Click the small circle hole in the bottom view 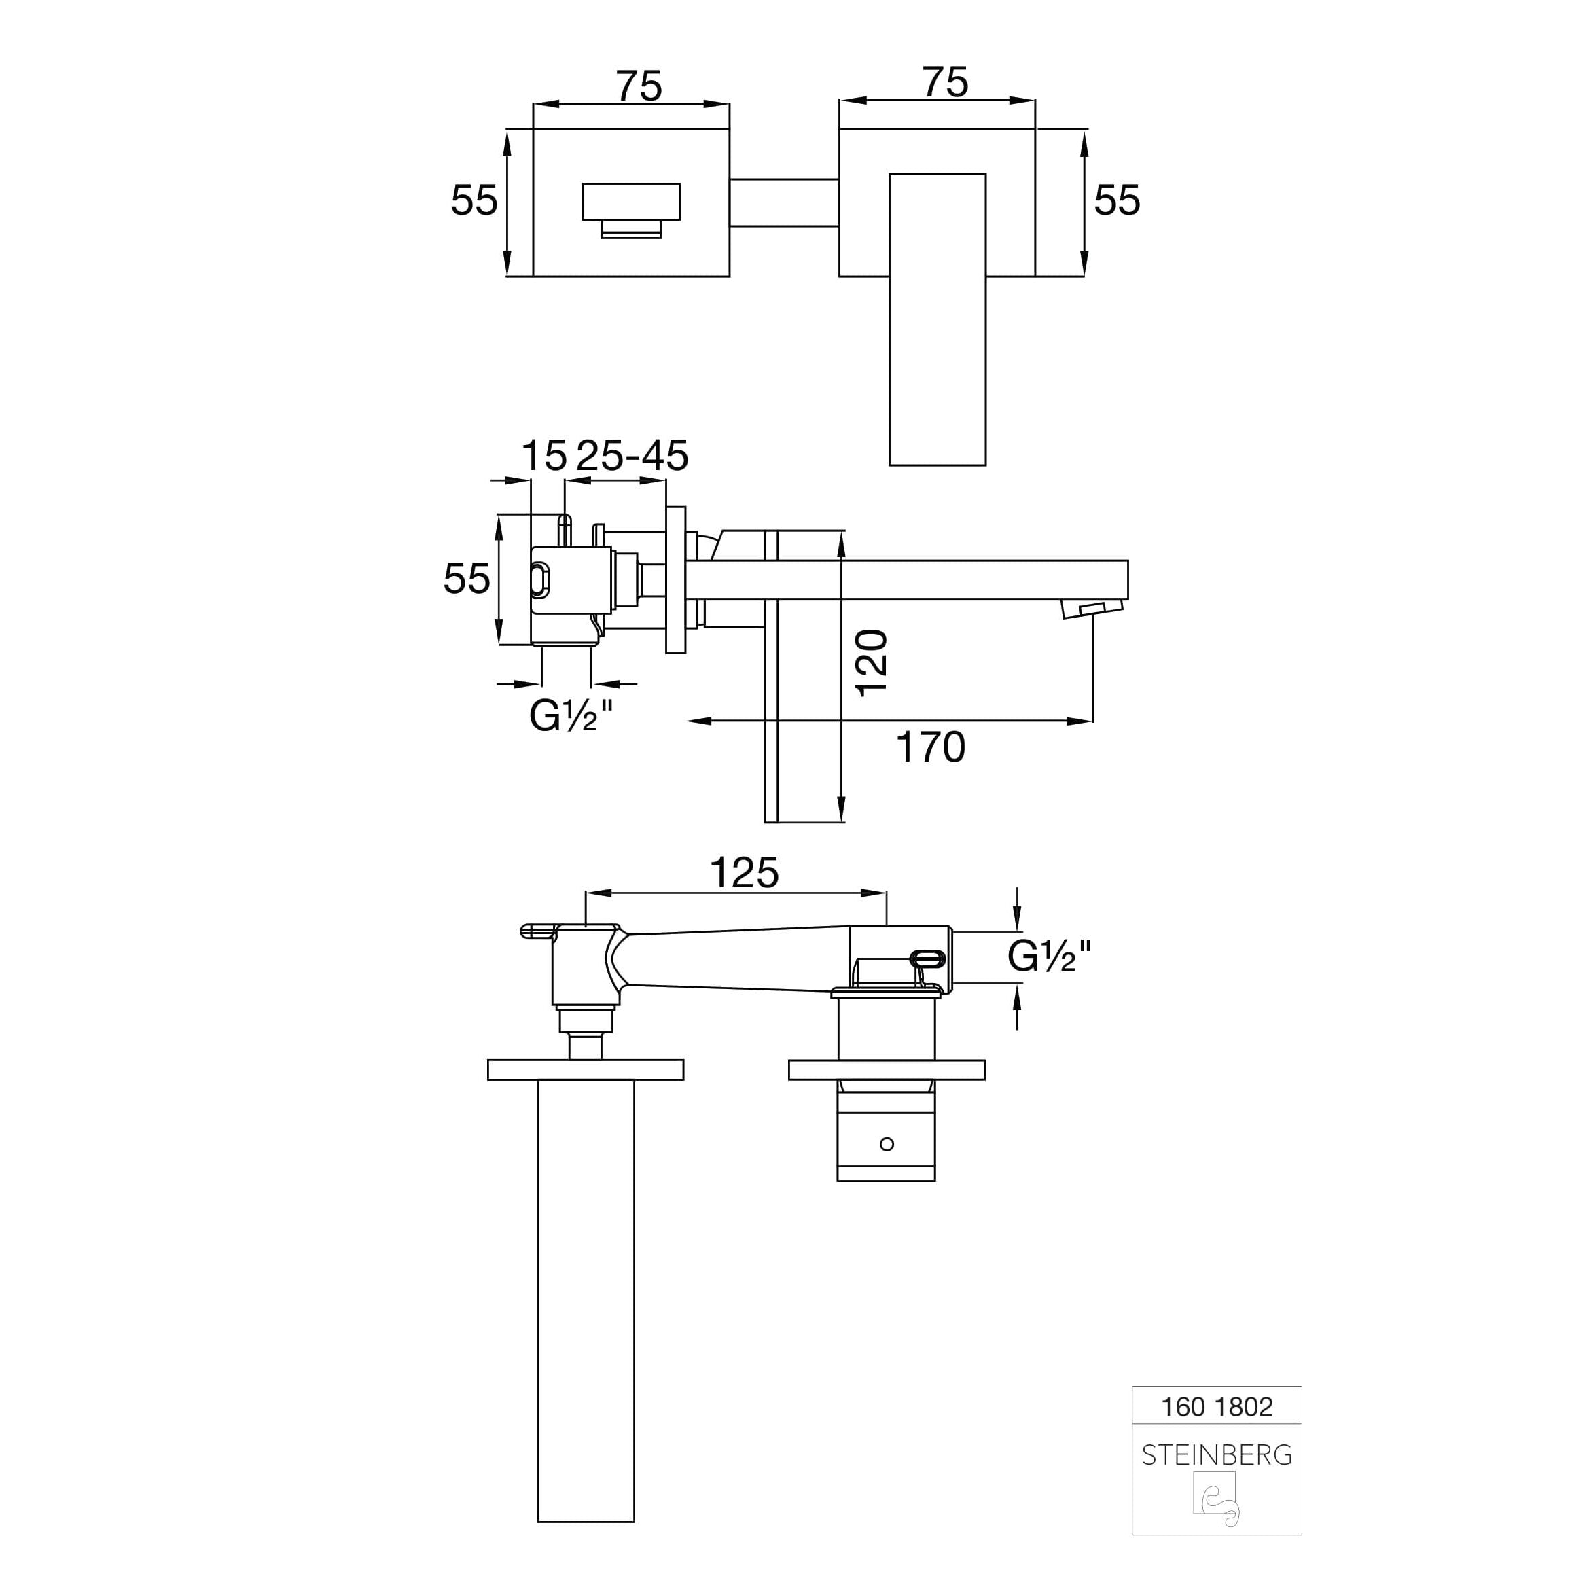coord(887,1144)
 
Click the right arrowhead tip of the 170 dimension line coord(1092,721)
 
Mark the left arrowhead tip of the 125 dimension coord(586,893)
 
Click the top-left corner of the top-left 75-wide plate coord(534,129)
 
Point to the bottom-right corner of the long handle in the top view coord(985,465)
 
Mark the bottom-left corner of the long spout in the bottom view coord(538,1522)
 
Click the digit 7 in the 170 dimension coord(930,747)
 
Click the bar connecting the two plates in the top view coord(785,202)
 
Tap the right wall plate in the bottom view coord(887,1069)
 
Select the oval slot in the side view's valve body coord(539,580)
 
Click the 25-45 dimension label coord(631,456)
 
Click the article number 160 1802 coord(1217,1407)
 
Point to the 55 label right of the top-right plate coord(1117,200)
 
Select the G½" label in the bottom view coord(1050,956)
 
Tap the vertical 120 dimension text coord(872,664)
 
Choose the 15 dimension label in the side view coord(544,456)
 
